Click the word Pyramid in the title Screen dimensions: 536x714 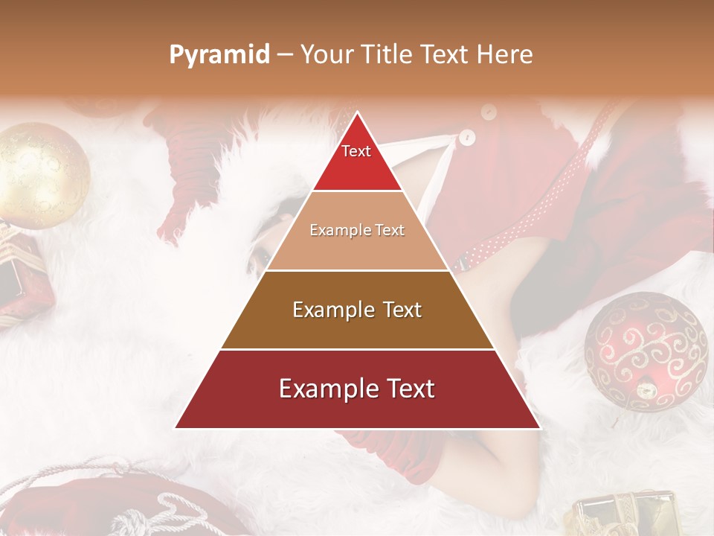click(219, 55)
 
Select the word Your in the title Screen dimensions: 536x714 click(328, 55)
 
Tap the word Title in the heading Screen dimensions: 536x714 click(388, 55)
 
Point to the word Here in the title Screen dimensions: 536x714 click(505, 55)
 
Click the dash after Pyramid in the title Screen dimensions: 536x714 click(286, 55)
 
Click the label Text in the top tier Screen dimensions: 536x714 click(356, 151)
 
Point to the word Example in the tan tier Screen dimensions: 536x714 click(339, 230)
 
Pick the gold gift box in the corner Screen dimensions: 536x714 click(625, 514)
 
